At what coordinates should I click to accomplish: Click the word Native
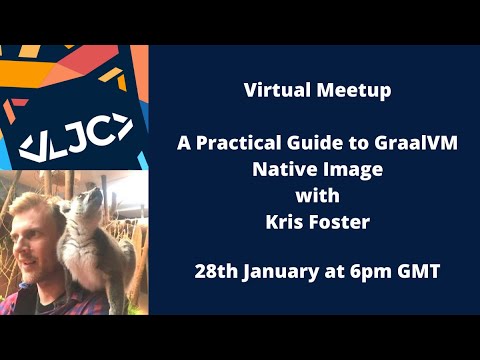(280, 168)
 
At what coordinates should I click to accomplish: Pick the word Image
(349, 168)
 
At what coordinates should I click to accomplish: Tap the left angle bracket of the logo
(31, 145)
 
